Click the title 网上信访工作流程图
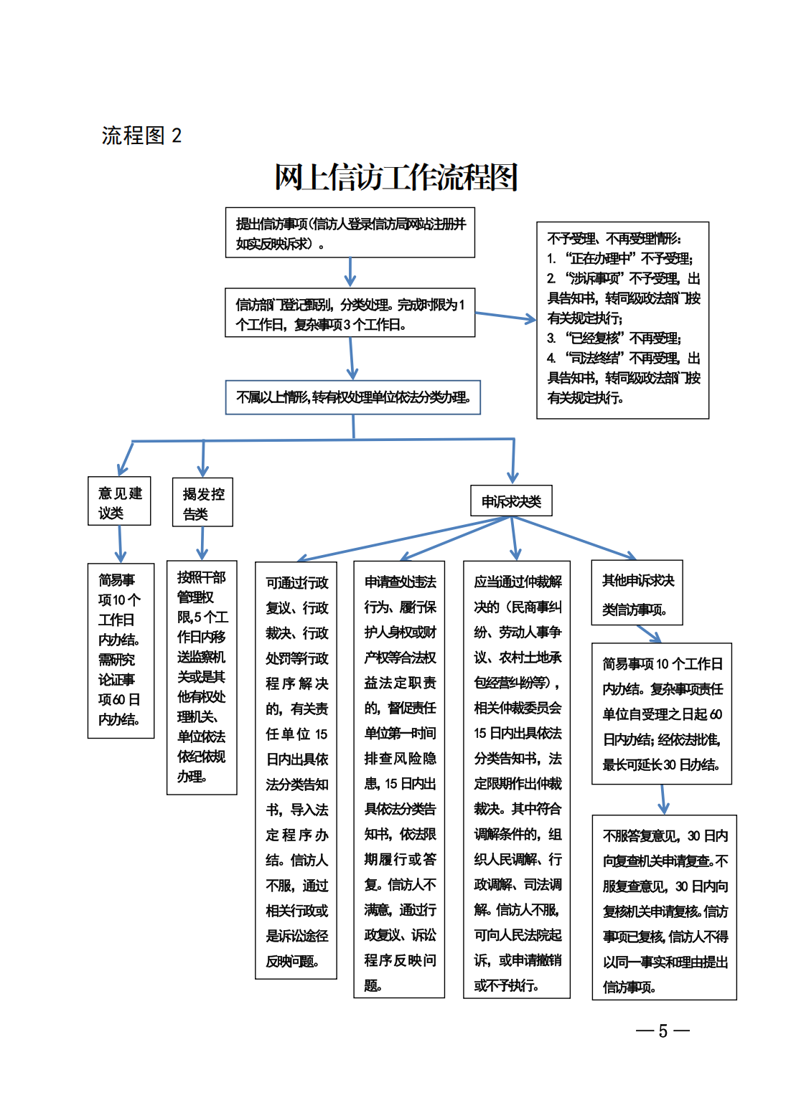(395, 177)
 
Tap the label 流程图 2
(141, 136)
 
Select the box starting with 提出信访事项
(350, 233)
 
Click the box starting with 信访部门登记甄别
(350, 313)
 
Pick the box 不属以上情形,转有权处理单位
(353, 397)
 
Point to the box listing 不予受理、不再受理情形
(622, 320)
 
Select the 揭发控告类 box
(203, 503)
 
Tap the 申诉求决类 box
(511, 501)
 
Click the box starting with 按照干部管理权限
(202, 677)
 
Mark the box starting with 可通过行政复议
(296, 771)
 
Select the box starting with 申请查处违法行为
(399, 779)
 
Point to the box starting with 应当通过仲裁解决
(517, 779)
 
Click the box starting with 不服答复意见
(664, 907)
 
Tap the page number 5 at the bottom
(663, 1031)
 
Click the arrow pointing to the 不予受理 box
(505, 316)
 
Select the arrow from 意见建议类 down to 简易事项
(121, 544)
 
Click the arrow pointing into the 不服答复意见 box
(663, 800)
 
